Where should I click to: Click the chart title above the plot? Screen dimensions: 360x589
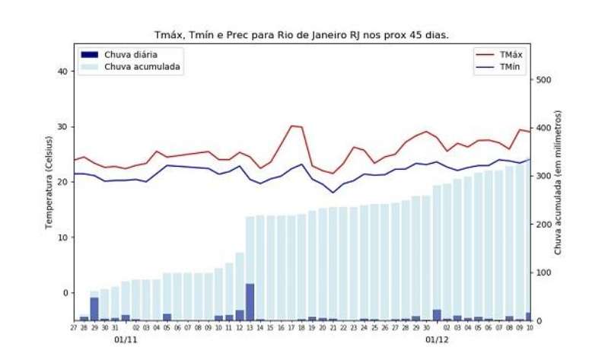[301, 34]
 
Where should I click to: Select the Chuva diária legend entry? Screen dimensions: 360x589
[131, 55]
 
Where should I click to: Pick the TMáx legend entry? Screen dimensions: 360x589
[510, 55]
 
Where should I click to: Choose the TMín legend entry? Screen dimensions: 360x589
[510, 67]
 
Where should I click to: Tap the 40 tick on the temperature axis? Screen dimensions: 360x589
[62, 72]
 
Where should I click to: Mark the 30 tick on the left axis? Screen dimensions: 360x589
[62, 127]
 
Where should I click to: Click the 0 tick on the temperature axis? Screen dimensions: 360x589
[65, 293]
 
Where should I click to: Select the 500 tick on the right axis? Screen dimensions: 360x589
[543, 80]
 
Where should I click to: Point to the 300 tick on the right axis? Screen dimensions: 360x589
[543, 176]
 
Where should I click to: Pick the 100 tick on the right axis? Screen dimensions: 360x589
[543, 272]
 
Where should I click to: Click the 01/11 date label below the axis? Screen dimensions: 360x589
[125, 339]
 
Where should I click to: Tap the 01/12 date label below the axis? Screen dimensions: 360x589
[437, 339]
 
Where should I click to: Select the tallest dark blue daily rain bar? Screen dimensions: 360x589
[250, 301]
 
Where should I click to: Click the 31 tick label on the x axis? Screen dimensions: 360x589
[115, 328]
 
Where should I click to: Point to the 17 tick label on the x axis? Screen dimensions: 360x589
[291, 328]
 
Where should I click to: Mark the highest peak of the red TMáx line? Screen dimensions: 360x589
[292, 126]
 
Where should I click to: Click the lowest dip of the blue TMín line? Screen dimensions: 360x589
[333, 193]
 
